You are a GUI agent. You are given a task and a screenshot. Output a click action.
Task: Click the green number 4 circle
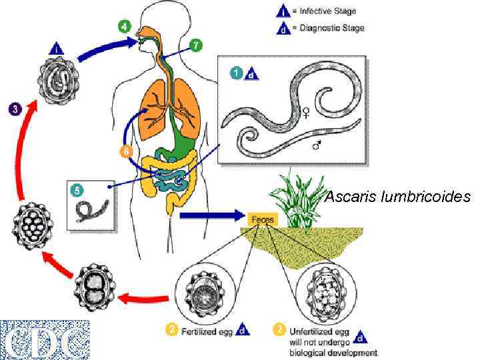click(125, 26)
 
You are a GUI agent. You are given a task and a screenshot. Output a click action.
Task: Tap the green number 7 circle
click(195, 45)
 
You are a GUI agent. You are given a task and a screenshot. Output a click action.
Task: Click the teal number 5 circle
click(77, 190)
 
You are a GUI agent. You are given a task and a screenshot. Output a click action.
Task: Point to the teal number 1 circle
click(235, 74)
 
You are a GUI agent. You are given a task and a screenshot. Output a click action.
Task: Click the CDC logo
click(45, 339)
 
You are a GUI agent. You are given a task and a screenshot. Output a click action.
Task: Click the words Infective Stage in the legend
click(327, 11)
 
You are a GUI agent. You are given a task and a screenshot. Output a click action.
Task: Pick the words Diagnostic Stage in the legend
click(331, 29)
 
